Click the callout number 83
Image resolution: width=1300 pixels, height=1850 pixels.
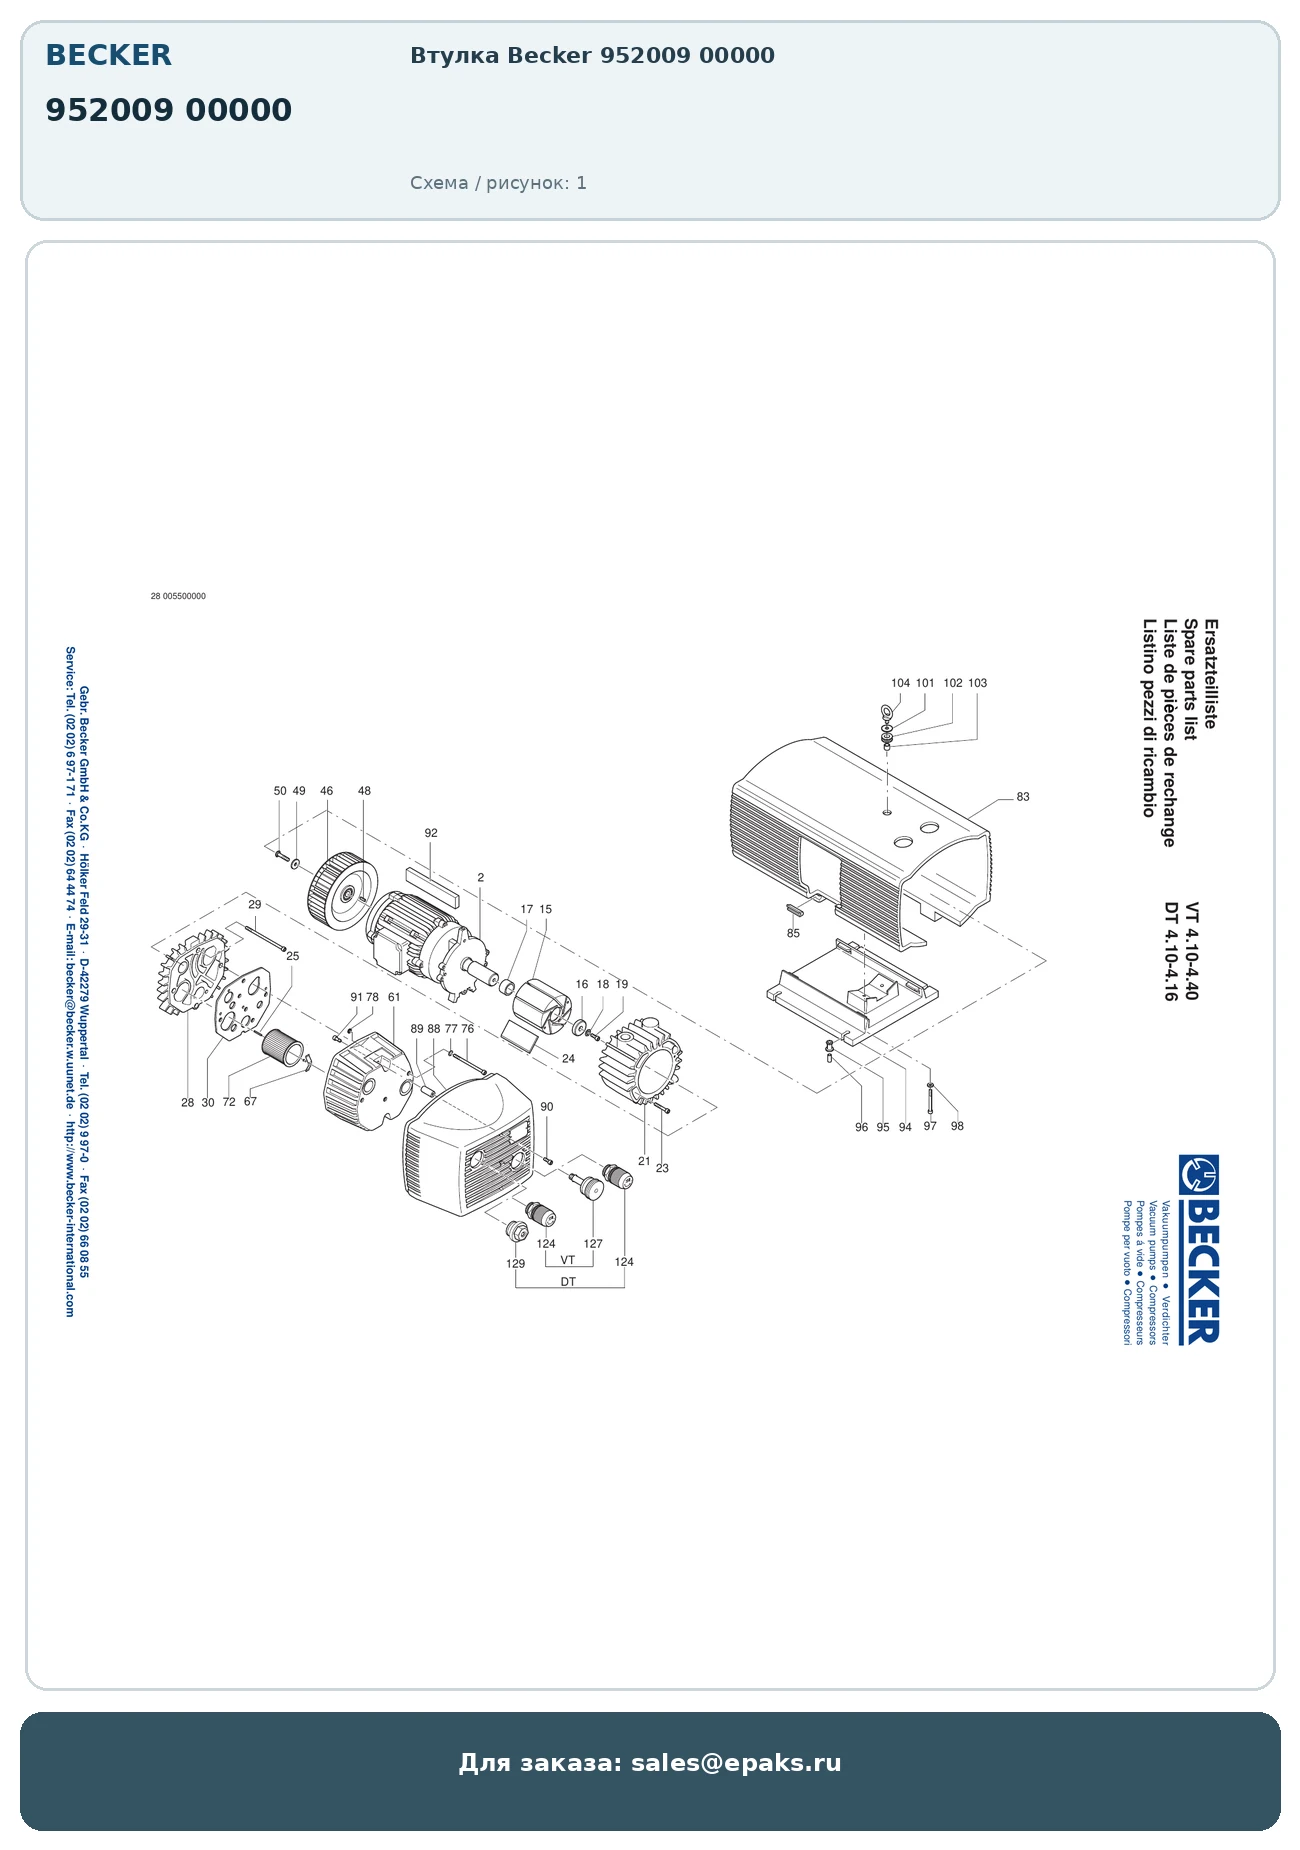click(x=1022, y=797)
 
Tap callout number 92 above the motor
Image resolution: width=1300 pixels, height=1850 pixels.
click(x=431, y=833)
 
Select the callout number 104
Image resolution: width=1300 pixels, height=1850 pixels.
click(x=900, y=683)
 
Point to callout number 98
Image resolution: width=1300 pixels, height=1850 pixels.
click(x=957, y=1126)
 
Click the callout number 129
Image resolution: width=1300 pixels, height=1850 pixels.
click(x=515, y=1264)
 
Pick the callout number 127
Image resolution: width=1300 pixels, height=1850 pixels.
click(x=593, y=1244)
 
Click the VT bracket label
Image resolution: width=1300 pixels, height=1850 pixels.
click(x=568, y=1260)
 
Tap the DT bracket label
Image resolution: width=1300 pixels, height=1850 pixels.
click(x=568, y=1282)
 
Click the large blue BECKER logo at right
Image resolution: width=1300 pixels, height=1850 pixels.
click(x=1199, y=1249)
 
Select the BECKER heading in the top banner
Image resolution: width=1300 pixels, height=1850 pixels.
click(x=108, y=55)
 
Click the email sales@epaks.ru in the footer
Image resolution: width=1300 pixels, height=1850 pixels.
click(x=736, y=1763)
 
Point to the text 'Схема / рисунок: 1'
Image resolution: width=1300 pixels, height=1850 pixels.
click(x=498, y=183)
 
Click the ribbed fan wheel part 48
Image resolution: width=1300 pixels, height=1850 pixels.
click(x=342, y=888)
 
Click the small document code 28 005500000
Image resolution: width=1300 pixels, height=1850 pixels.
click(x=178, y=596)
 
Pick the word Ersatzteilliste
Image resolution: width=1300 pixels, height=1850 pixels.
click(x=1210, y=674)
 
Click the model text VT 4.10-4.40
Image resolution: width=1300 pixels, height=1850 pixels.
click(x=1192, y=951)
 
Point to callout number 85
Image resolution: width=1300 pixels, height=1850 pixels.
click(x=793, y=934)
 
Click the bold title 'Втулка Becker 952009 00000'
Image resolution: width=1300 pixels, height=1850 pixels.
click(x=592, y=56)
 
